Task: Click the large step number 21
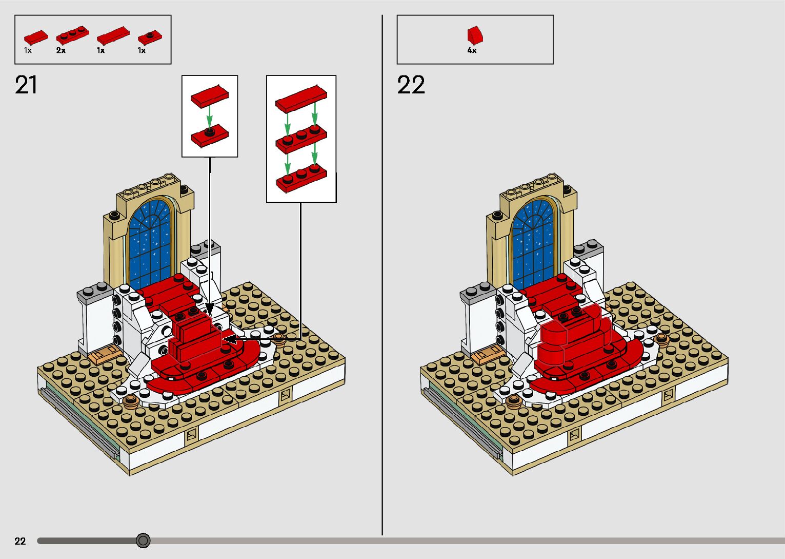pos(26,85)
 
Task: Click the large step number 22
pos(411,85)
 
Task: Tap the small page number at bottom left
pos(20,541)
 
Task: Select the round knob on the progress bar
pos(143,541)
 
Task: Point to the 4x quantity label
pos(472,50)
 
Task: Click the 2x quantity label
pos(61,50)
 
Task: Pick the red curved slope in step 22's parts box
pos(475,35)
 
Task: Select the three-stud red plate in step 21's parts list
pos(72,35)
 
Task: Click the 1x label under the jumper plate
pos(141,50)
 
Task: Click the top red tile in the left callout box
pos(210,96)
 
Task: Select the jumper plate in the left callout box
pos(210,135)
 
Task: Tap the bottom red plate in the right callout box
pos(301,179)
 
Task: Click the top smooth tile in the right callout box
pos(301,99)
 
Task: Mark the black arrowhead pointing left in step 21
pos(230,339)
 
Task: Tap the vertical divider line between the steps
pos(382,275)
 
